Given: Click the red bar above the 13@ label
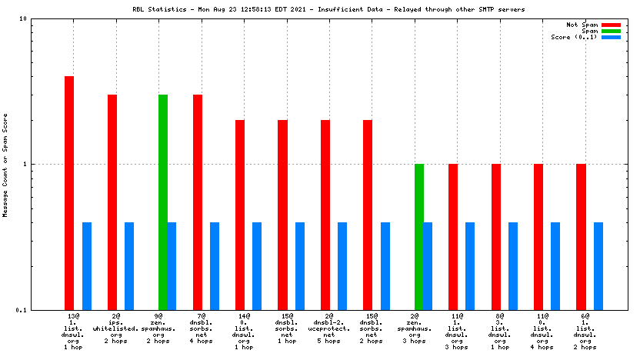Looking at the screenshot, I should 69,192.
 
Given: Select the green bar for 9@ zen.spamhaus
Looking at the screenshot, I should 163,202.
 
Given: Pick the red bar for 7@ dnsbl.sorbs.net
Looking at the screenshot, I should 198,202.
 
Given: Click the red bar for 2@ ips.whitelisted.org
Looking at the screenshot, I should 112,202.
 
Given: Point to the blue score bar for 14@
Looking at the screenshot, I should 257,265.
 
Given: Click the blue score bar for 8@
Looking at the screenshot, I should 513,265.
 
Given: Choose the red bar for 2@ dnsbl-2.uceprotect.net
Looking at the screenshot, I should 325,215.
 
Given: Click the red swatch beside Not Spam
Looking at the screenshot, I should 611,25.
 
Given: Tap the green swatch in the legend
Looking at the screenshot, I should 611,31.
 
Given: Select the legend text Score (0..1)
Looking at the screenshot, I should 575,37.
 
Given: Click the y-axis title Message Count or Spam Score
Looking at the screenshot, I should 5,165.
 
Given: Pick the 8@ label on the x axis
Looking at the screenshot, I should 500,316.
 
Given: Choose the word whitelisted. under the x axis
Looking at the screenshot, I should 115,328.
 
